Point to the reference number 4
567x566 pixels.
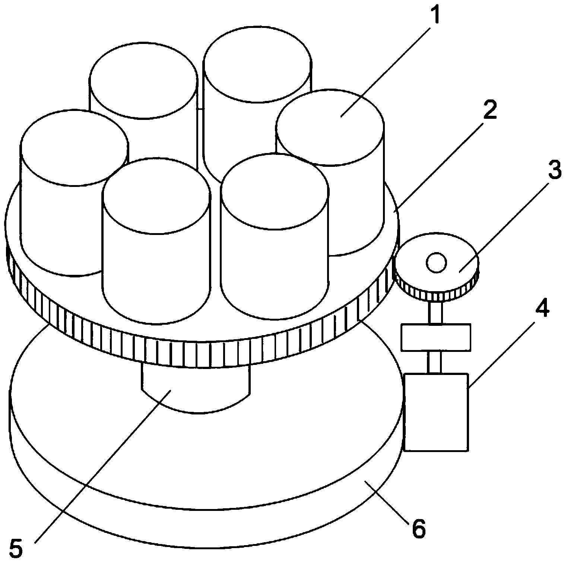pyautogui.click(x=541, y=307)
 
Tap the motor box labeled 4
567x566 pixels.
pyautogui.click(x=436, y=412)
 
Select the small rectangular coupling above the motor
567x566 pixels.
pyautogui.click(x=435, y=337)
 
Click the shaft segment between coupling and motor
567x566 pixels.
pyautogui.click(x=435, y=362)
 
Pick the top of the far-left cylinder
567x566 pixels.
pyautogui.click(x=75, y=148)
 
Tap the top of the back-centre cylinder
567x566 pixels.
pyautogui.click(x=258, y=64)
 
